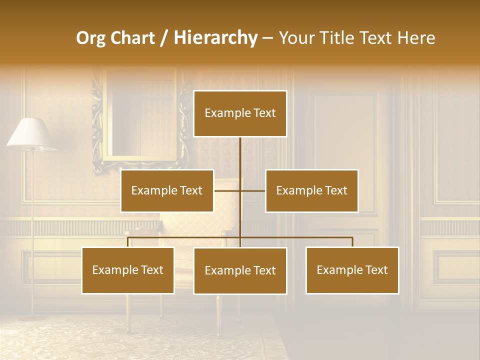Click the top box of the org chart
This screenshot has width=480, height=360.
[240, 113]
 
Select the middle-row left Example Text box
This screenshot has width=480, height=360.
[167, 190]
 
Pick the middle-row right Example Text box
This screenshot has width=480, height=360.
[311, 190]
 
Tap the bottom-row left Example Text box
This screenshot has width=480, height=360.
[128, 270]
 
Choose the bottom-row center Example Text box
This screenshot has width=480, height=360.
[240, 270]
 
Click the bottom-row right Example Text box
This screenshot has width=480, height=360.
[352, 270]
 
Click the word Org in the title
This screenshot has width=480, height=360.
[90, 38]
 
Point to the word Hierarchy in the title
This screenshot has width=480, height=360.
[215, 38]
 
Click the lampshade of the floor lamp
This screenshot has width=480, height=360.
[31, 133]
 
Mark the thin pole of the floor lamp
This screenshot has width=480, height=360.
[33, 225]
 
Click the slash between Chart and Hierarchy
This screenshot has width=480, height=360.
[164, 38]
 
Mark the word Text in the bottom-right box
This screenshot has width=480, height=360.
[376, 270]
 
